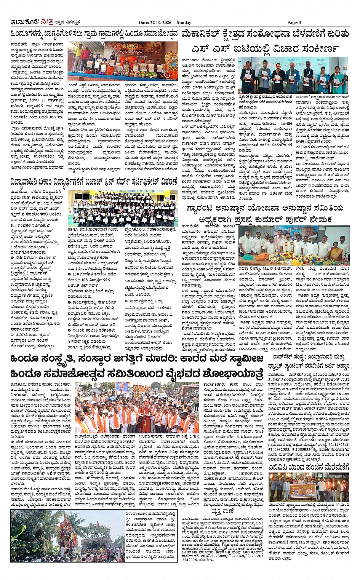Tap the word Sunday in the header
pyautogui.click(x=184, y=23)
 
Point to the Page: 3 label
pyautogui.click(x=294, y=23)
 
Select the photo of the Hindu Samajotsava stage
pyautogui.click(x=123, y=61)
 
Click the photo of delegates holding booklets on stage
pyautogui.click(x=293, y=75)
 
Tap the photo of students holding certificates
pyautogui.click(x=122, y=208)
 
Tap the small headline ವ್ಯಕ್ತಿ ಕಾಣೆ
pyautogui.click(x=222, y=511)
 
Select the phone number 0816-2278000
pyautogui.click(x=209, y=556)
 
